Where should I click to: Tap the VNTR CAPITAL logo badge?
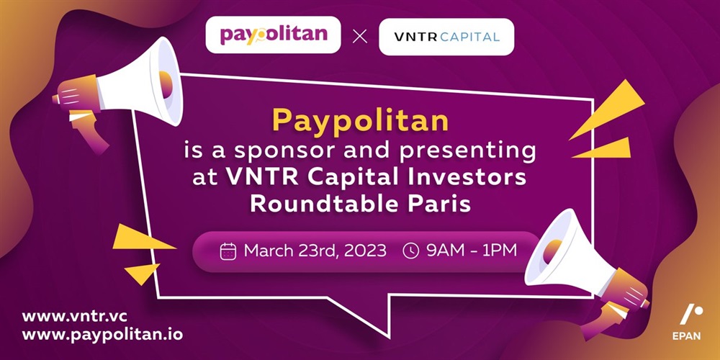point(446,37)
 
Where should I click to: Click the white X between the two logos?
point(360,37)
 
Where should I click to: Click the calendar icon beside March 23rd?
point(228,251)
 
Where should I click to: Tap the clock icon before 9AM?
point(410,251)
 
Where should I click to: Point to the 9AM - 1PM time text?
point(472,251)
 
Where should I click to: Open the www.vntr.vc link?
point(74,317)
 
